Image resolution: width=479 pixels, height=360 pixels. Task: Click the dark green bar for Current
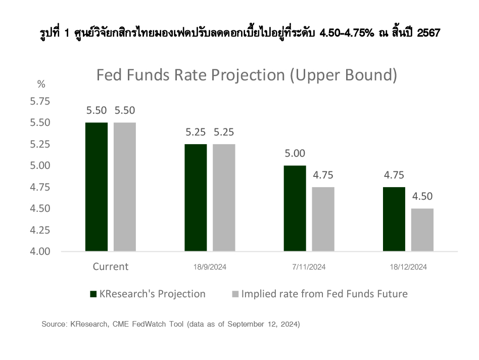pos(97,187)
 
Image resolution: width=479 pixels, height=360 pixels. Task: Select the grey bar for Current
pos(125,187)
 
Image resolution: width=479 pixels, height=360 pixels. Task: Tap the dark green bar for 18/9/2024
pos(196,197)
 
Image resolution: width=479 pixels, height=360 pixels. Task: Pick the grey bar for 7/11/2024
pos(323,219)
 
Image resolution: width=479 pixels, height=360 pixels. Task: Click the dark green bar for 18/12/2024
pos(394,219)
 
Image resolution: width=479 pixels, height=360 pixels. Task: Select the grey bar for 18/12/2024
pos(422,230)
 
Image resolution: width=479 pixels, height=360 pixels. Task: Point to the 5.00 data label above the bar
pos(295,153)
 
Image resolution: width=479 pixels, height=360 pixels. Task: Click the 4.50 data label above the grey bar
pos(422,196)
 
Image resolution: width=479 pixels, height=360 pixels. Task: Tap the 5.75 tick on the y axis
pos(40,101)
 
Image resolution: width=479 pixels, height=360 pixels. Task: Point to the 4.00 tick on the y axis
pos(40,251)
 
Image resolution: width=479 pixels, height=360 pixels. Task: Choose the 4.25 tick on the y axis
pos(40,230)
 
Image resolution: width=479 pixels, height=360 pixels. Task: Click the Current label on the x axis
pos(111,266)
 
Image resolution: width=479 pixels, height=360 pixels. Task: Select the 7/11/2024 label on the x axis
pos(309,267)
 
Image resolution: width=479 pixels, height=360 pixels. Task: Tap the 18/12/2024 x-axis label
pos(408,267)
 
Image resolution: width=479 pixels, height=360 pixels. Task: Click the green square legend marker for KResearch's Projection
pos(93,294)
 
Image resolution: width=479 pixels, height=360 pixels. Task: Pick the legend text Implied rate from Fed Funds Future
pos(324,294)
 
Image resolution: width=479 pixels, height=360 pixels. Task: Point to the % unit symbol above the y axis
pos(41,84)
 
